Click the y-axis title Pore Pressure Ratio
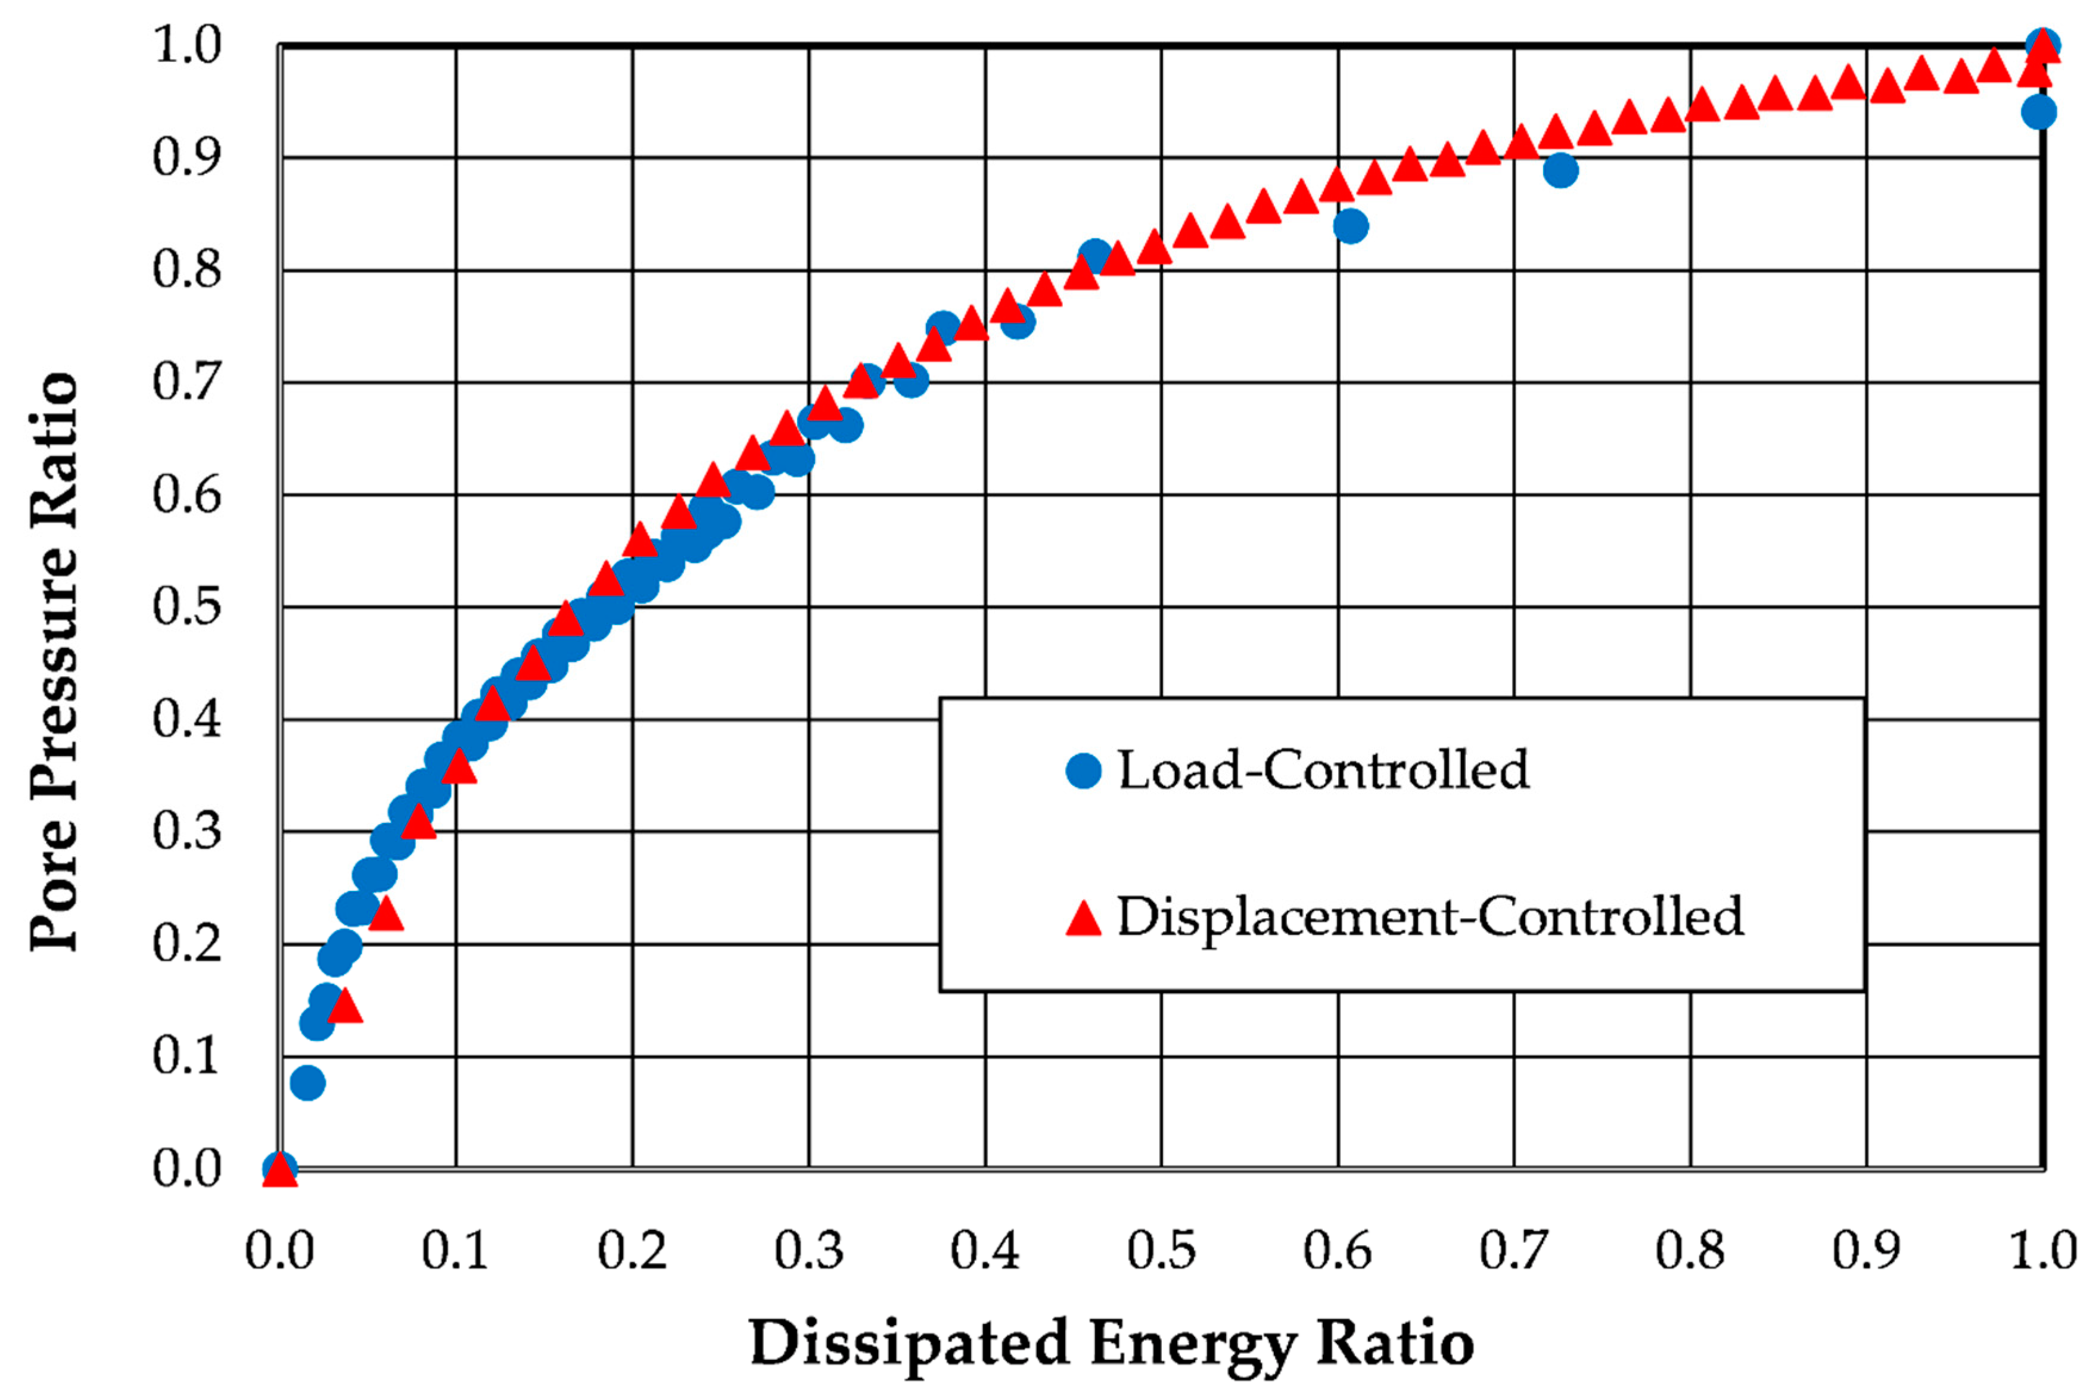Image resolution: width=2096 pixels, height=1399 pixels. coord(55,662)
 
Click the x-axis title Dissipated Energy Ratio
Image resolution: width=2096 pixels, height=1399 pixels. coord(1111,1343)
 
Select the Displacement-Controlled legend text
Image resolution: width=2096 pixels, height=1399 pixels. coord(1430,916)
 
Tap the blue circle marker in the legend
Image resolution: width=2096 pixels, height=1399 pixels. coord(1084,770)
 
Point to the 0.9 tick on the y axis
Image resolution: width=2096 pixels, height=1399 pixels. coord(186,158)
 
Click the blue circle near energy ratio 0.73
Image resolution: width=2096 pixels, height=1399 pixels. coord(1560,170)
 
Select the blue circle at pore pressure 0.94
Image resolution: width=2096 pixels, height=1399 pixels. coord(2039,113)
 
